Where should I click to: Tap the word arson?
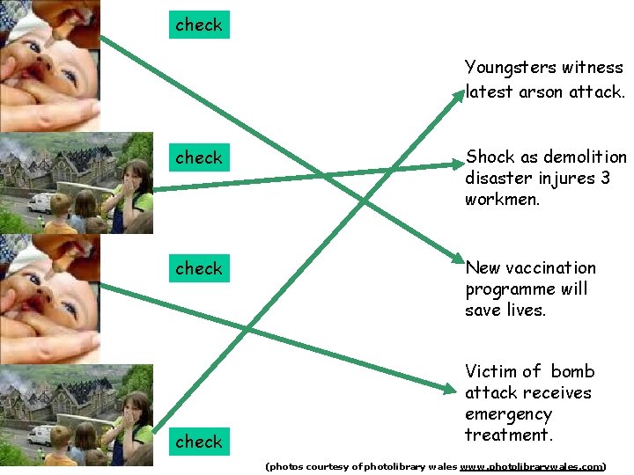point(534,91)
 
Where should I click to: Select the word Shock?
point(490,157)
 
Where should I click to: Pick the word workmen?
point(501,200)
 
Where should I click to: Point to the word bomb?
point(573,371)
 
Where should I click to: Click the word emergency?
point(508,414)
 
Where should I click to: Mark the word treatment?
point(506,435)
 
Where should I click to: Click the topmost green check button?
point(199,25)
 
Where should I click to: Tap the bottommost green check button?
point(199,442)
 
